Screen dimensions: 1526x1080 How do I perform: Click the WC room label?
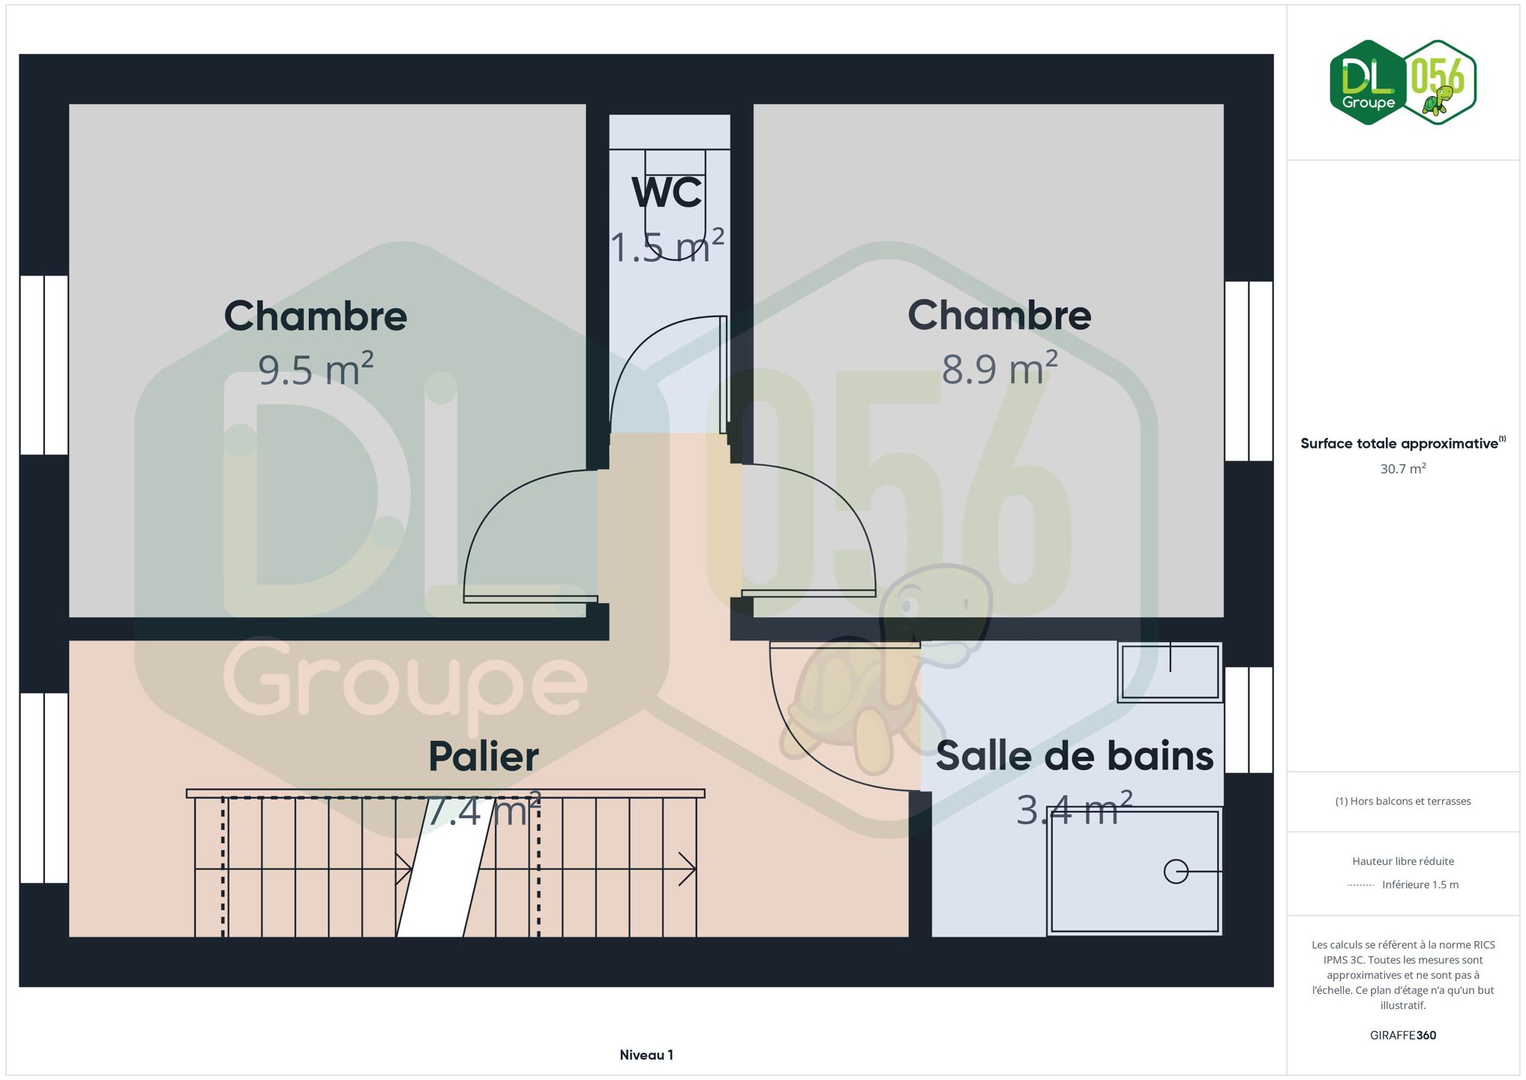click(x=667, y=192)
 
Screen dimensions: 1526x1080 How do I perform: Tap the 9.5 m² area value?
click(x=316, y=369)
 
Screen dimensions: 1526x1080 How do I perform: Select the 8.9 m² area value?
click(x=1000, y=368)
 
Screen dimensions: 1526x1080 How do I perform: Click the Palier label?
click(x=484, y=756)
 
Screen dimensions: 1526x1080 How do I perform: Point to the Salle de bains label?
click(x=1075, y=755)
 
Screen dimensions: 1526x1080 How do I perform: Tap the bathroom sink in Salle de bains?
click(x=1170, y=672)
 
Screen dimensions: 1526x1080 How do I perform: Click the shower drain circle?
click(x=1176, y=871)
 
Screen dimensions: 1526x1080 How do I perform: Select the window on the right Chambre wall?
click(x=1249, y=371)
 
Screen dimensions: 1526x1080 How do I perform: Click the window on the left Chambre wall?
click(x=44, y=365)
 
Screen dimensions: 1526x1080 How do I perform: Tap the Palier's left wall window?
click(x=44, y=788)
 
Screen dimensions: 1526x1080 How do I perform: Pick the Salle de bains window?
click(x=1249, y=720)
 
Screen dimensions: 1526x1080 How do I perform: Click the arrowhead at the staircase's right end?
click(x=688, y=869)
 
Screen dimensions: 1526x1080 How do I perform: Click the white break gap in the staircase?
click(x=445, y=867)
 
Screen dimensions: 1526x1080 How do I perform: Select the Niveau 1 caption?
click(x=646, y=1055)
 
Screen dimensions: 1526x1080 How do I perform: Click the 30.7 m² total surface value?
click(x=1403, y=469)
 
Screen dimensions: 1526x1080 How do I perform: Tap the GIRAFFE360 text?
click(x=1403, y=1036)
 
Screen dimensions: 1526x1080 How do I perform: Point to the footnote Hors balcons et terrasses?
click(x=1403, y=802)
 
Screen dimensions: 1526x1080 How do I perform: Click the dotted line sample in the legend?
click(x=1360, y=886)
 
